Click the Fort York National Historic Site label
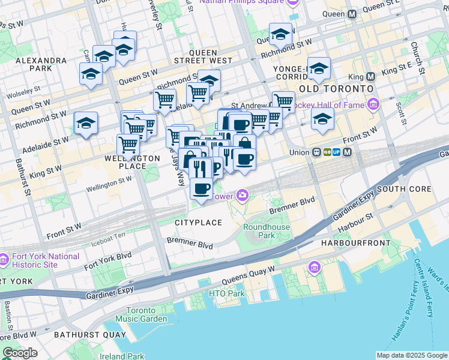(45, 260)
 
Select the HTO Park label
(227, 293)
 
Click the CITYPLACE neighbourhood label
(198, 223)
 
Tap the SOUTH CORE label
(404, 189)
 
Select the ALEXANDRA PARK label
(41, 65)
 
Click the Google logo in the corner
(20, 353)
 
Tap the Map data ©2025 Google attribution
(411, 355)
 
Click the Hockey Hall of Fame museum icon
(373, 106)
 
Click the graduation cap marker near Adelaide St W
(86, 123)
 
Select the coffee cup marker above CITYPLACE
(201, 188)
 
